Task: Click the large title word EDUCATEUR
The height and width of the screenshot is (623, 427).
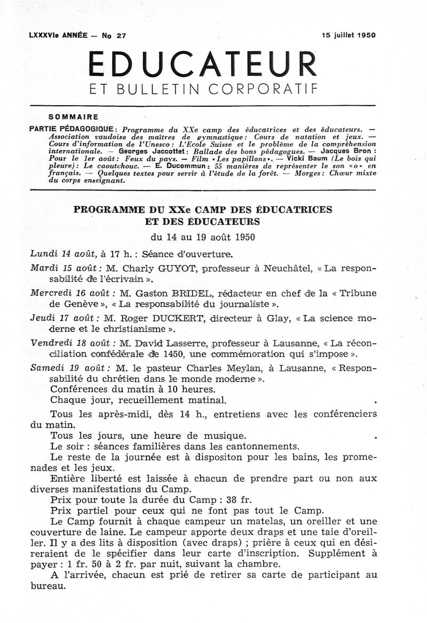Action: tap(202, 64)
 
